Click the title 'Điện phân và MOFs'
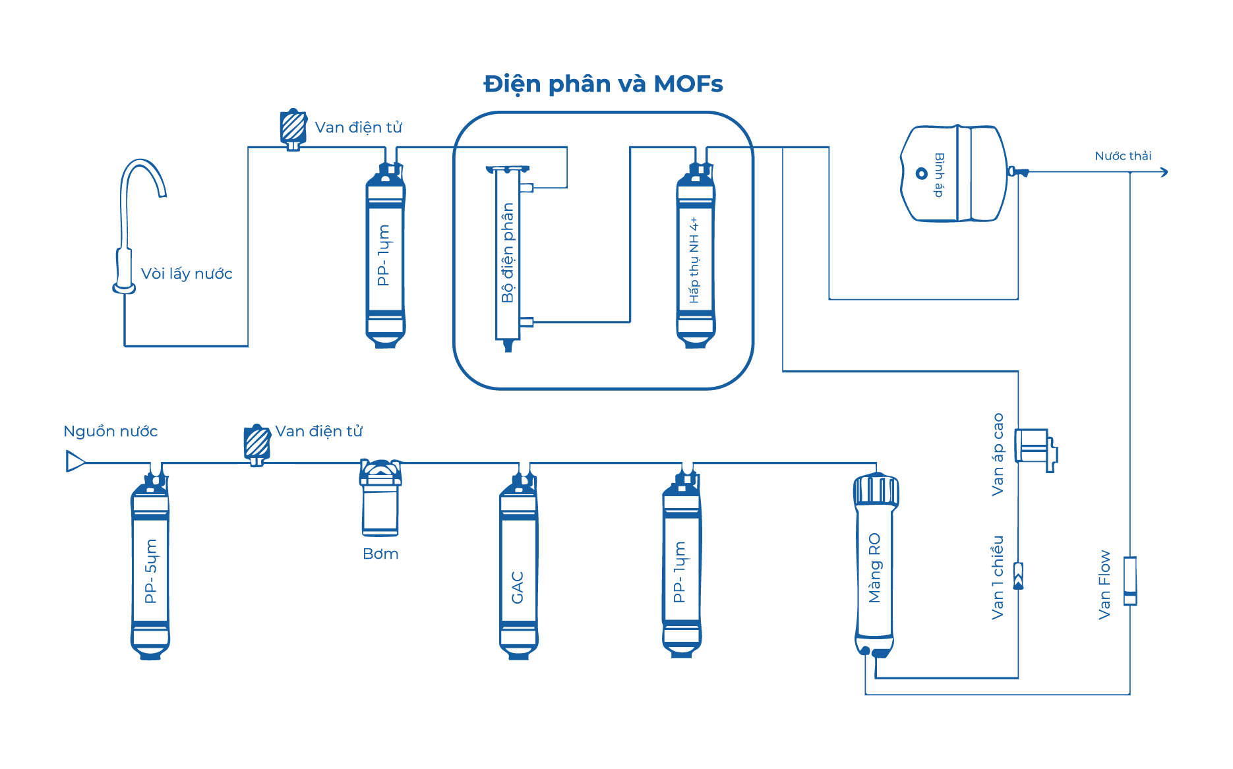603,84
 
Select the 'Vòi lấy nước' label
187,274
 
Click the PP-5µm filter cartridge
150,567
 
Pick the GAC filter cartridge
518,567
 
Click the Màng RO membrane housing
875,567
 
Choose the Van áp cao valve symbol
1035,449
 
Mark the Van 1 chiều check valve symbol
1018,575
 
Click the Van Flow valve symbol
1130,580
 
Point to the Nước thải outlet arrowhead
1164,172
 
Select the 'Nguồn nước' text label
110,432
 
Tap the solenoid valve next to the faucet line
293,128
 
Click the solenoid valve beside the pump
256,443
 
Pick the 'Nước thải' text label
1123,156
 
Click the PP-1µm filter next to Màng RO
681,567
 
